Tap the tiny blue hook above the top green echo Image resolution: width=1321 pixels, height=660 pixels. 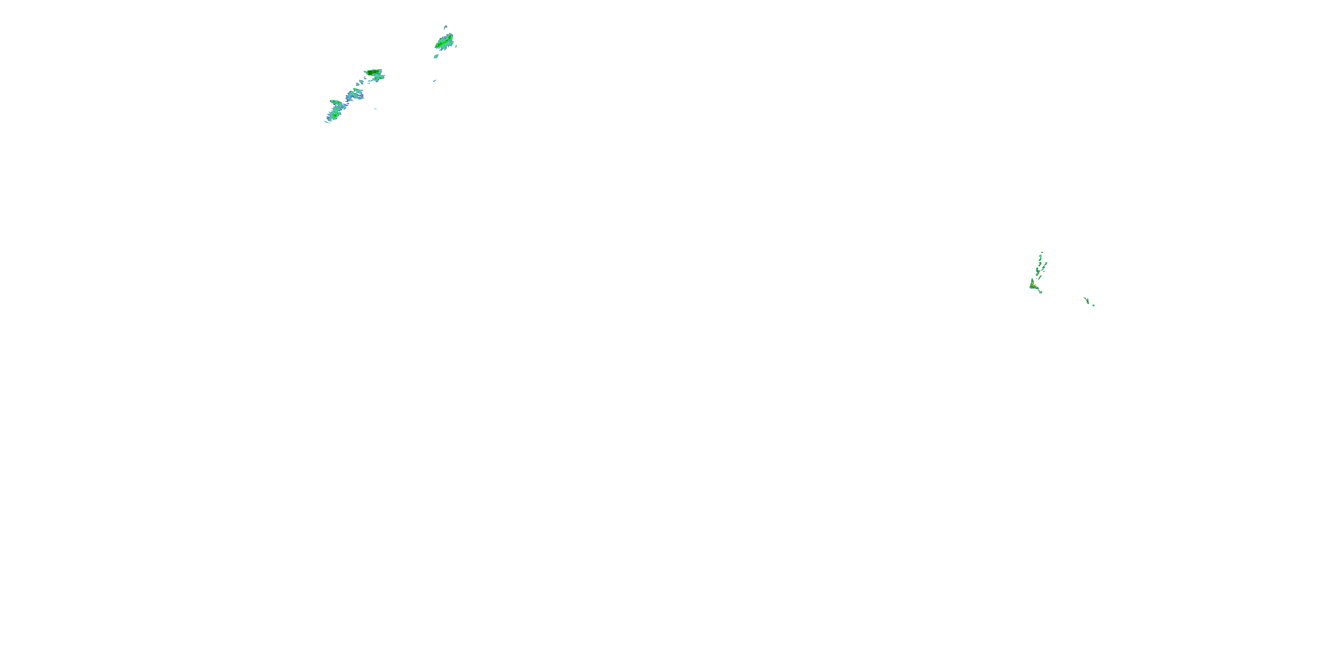445,27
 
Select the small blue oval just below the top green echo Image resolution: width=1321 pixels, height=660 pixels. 436,56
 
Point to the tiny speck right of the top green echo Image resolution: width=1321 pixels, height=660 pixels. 456,46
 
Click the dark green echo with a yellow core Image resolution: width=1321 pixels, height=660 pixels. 374,72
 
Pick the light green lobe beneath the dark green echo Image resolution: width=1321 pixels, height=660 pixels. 379,77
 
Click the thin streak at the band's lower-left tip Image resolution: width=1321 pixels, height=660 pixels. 327,121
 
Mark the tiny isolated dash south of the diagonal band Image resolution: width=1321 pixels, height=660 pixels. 375,109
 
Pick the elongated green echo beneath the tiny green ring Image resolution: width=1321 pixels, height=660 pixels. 1041,258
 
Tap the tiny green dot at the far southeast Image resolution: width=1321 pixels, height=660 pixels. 1093,305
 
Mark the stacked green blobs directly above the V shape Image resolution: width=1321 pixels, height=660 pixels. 1038,271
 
